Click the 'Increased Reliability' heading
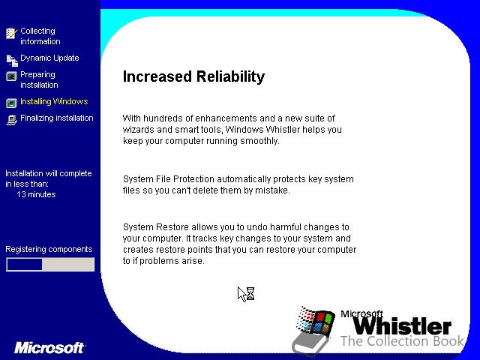pyautogui.click(x=193, y=76)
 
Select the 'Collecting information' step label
pyautogui.click(x=40, y=36)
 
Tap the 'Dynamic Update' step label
pyautogui.click(x=49, y=58)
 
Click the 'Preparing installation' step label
pyautogui.click(x=39, y=79)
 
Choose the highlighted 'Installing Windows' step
pyautogui.click(x=54, y=101)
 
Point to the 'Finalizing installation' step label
pyautogui.click(x=57, y=118)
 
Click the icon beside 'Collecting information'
pyautogui.click(x=12, y=33)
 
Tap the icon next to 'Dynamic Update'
pyautogui.click(x=12, y=60)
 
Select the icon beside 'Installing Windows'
pyautogui.click(x=12, y=103)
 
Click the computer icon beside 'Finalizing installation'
pyautogui.click(x=12, y=120)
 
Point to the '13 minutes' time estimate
pyautogui.click(x=36, y=194)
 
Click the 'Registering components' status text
pyautogui.click(x=49, y=249)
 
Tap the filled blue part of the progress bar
pyautogui.click(x=25, y=265)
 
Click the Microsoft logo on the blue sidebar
pyautogui.click(x=49, y=348)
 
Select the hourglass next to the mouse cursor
pyautogui.click(x=250, y=293)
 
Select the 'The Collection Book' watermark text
pyautogui.click(x=402, y=340)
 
